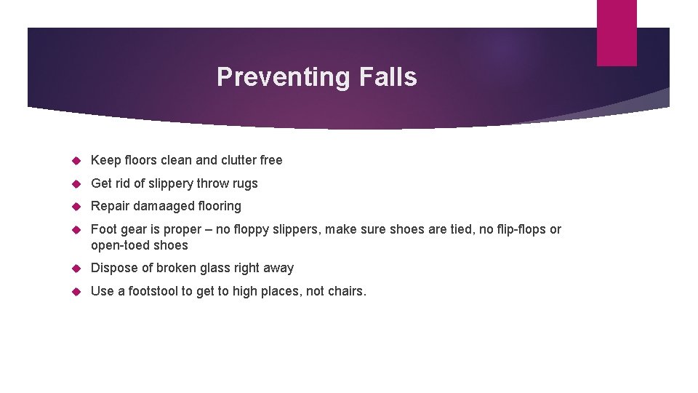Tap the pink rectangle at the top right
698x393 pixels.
point(617,33)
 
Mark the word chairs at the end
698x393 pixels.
point(347,291)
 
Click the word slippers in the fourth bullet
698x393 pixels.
point(294,230)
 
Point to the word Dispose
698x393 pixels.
point(113,269)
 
